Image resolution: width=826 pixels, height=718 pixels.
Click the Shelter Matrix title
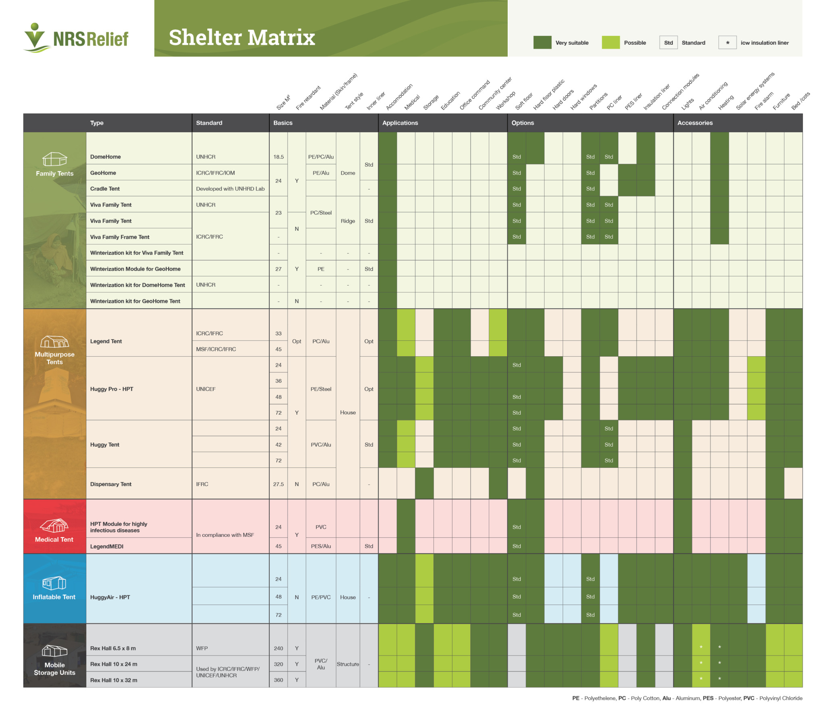tap(242, 38)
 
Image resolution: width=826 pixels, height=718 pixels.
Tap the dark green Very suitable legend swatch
tap(542, 42)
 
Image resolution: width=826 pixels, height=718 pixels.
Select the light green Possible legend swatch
tap(610, 42)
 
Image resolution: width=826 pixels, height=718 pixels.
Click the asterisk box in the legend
tap(727, 42)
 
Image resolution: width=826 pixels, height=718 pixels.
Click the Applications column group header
tap(400, 123)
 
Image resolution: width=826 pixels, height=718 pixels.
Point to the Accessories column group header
tap(695, 123)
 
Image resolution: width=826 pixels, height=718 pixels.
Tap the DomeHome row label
tap(105, 157)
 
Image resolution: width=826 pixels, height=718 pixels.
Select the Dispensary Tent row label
tap(111, 484)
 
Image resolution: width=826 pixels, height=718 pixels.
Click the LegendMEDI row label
tap(106, 546)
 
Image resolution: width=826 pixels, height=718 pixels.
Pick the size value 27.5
tap(278, 484)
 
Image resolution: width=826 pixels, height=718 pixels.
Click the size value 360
tap(278, 680)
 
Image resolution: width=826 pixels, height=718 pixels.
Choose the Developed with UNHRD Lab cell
tap(230, 188)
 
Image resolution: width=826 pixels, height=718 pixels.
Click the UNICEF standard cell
tap(206, 389)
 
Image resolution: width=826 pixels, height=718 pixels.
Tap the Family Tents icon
tap(54, 159)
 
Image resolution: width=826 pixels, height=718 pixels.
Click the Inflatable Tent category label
tap(54, 597)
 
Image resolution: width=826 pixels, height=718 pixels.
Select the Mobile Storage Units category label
tap(54, 668)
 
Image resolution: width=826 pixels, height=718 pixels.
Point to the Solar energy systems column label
tap(755, 92)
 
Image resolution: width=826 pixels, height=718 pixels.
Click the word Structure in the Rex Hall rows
tap(348, 664)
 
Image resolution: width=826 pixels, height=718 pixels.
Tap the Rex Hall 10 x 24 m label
tap(113, 664)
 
